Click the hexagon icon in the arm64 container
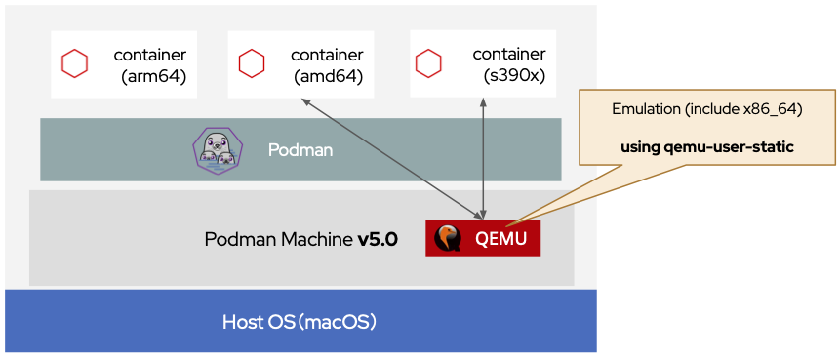tap(75, 64)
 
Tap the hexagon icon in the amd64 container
tap(252, 64)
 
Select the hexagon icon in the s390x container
tap(428, 64)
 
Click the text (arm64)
tap(153, 75)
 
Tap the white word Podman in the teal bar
tap(300, 150)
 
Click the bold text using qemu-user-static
tap(707, 147)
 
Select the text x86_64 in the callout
tap(771, 109)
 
